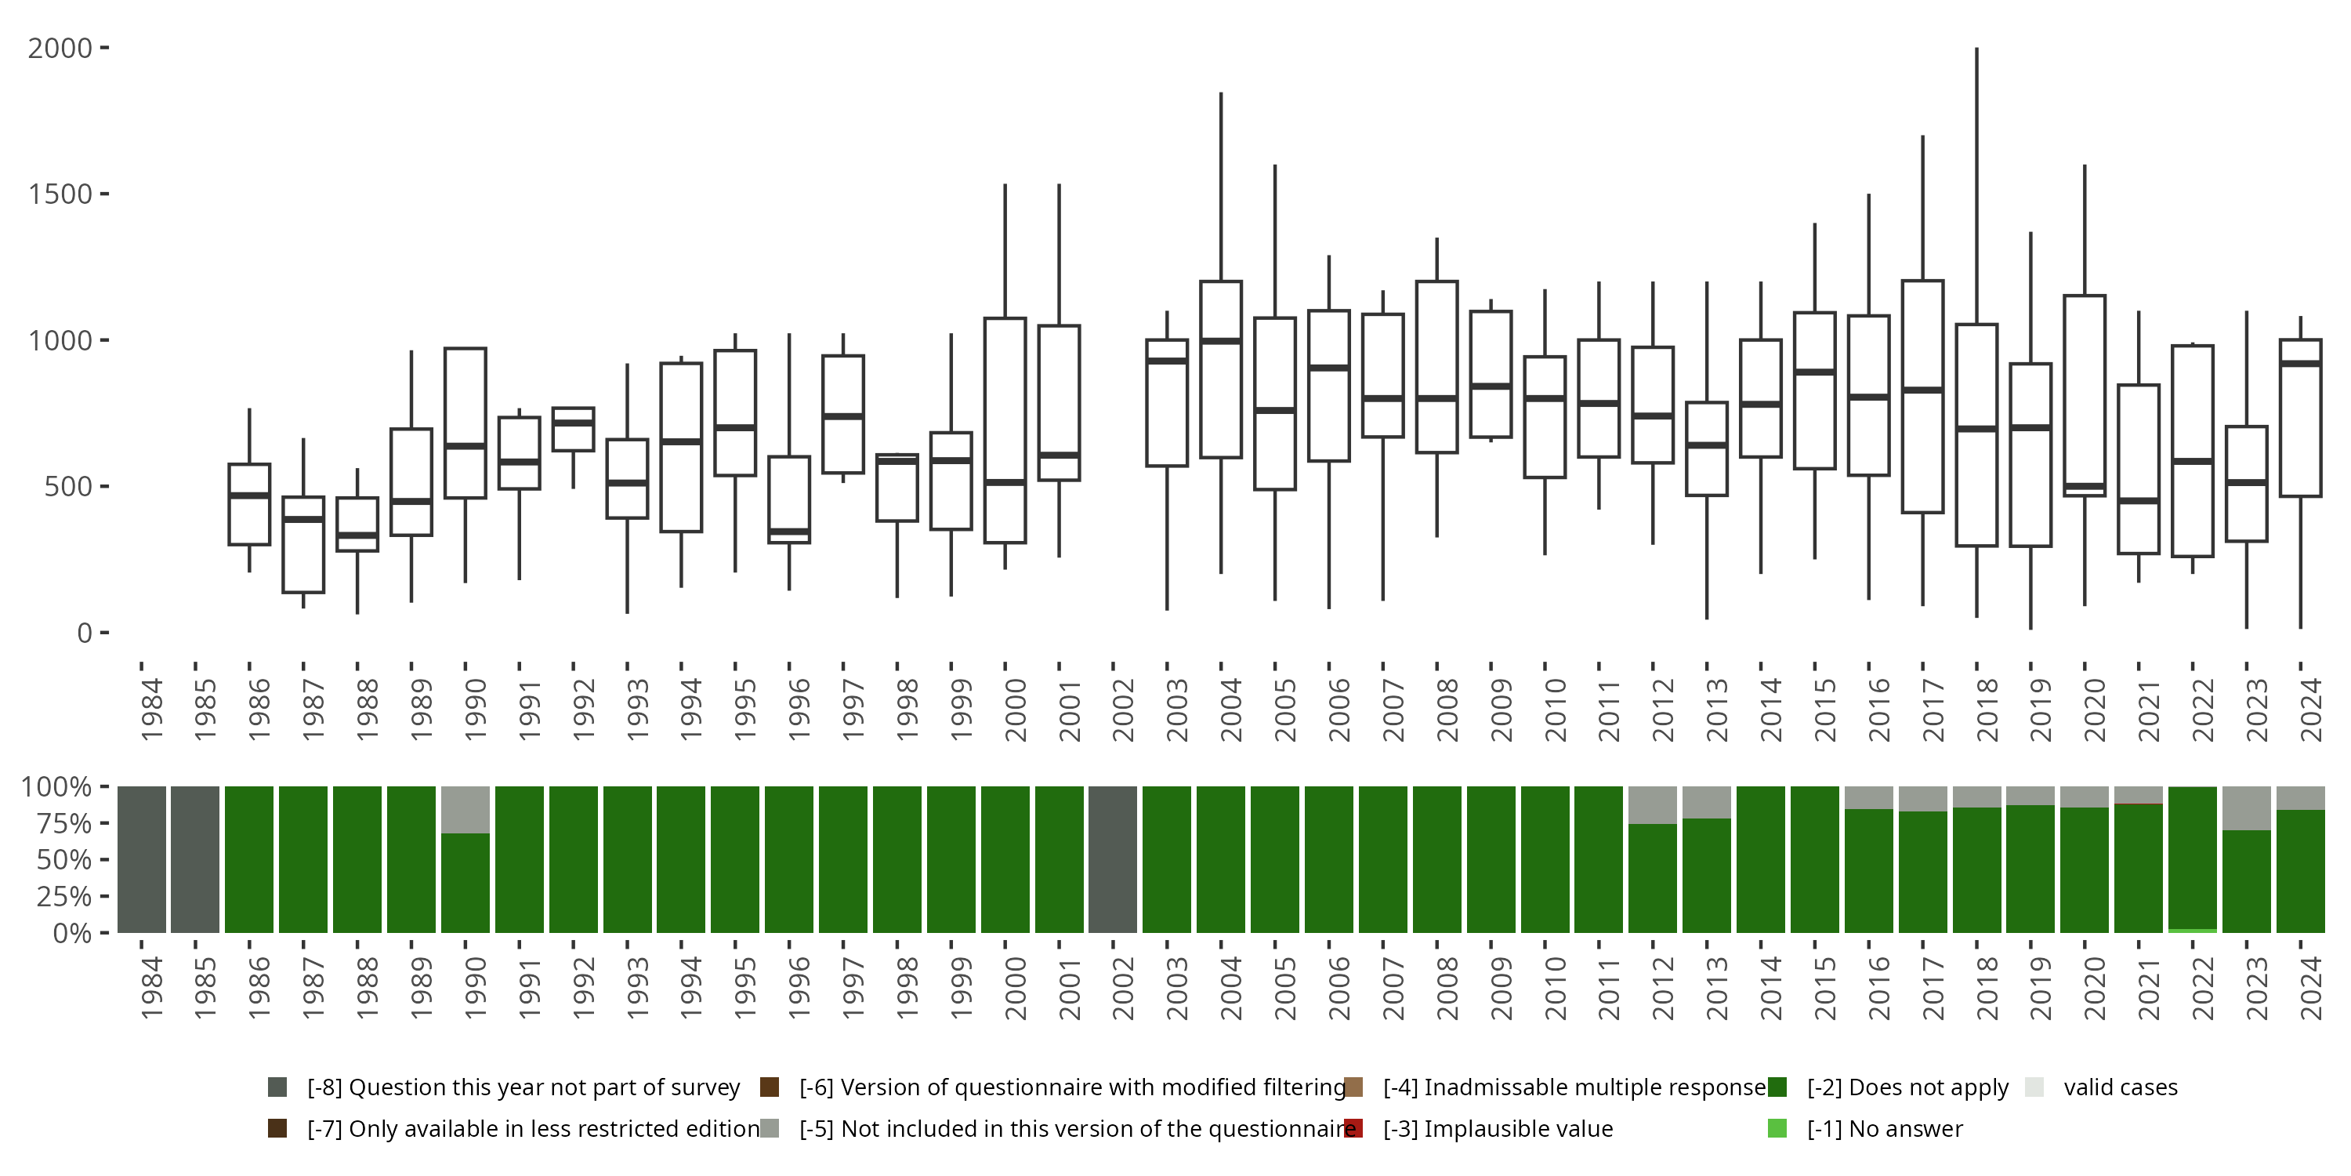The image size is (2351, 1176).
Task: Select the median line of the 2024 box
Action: (x=2300, y=364)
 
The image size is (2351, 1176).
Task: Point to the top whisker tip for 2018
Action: (x=1977, y=49)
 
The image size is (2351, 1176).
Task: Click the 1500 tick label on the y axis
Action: (x=60, y=194)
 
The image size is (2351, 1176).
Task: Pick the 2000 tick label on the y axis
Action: (x=60, y=49)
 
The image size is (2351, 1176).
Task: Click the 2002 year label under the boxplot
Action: (x=1122, y=710)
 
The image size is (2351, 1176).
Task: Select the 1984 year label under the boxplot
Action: (x=151, y=710)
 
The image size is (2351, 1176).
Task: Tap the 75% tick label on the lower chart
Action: (x=56, y=823)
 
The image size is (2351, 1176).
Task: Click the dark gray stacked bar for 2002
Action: (x=1113, y=859)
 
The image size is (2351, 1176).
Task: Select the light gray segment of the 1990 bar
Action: (x=465, y=810)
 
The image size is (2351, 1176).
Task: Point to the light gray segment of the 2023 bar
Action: (x=2246, y=808)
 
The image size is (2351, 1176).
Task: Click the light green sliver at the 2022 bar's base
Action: (x=2192, y=931)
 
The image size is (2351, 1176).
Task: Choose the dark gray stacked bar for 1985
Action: (x=195, y=859)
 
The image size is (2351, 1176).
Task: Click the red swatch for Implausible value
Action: (x=1353, y=1128)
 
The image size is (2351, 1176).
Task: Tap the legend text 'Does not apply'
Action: (x=1907, y=1087)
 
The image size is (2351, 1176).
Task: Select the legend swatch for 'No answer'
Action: (x=1777, y=1128)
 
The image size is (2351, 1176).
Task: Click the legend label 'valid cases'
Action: (x=2120, y=1087)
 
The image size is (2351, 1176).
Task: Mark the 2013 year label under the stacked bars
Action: (x=1717, y=988)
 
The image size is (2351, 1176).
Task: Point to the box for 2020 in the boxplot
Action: (x=2085, y=393)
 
